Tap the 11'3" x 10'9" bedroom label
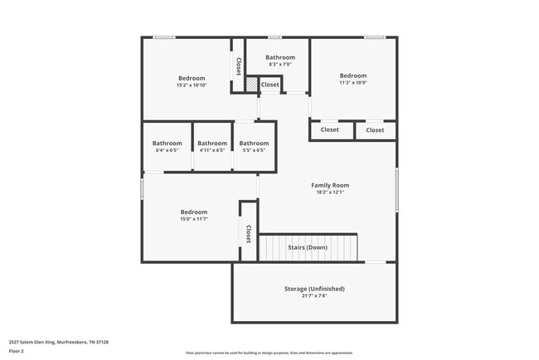pyautogui.click(x=352, y=75)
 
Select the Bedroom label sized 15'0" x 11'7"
pyautogui.click(x=194, y=212)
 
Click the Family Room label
pyautogui.click(x=330, y=185)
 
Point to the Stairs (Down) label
pyautogui.click(x=308, y=247)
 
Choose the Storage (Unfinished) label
pyautogui.click(x=314, y=289)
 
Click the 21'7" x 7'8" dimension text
pyautogui.click(x=314, y=296)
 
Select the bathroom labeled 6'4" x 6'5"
pyautogui.click(x=167, y=144)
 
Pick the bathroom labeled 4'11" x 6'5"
pyautogui.click(x=212, y=144)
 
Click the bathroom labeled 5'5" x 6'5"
pyautogui.click(x=254, y=144)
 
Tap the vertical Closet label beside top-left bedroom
pyautogui.click(x=238, y=66)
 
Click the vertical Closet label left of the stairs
pyautogui.click(x=248, y=234)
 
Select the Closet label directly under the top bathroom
pyautogui.click(x=270, y=85)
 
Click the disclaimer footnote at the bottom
pyautogui.click(x=269, y=353)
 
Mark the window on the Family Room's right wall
pyautogui.click(x=396, y=189)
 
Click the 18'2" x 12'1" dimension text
pyautogui.click(x=330, y=192)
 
